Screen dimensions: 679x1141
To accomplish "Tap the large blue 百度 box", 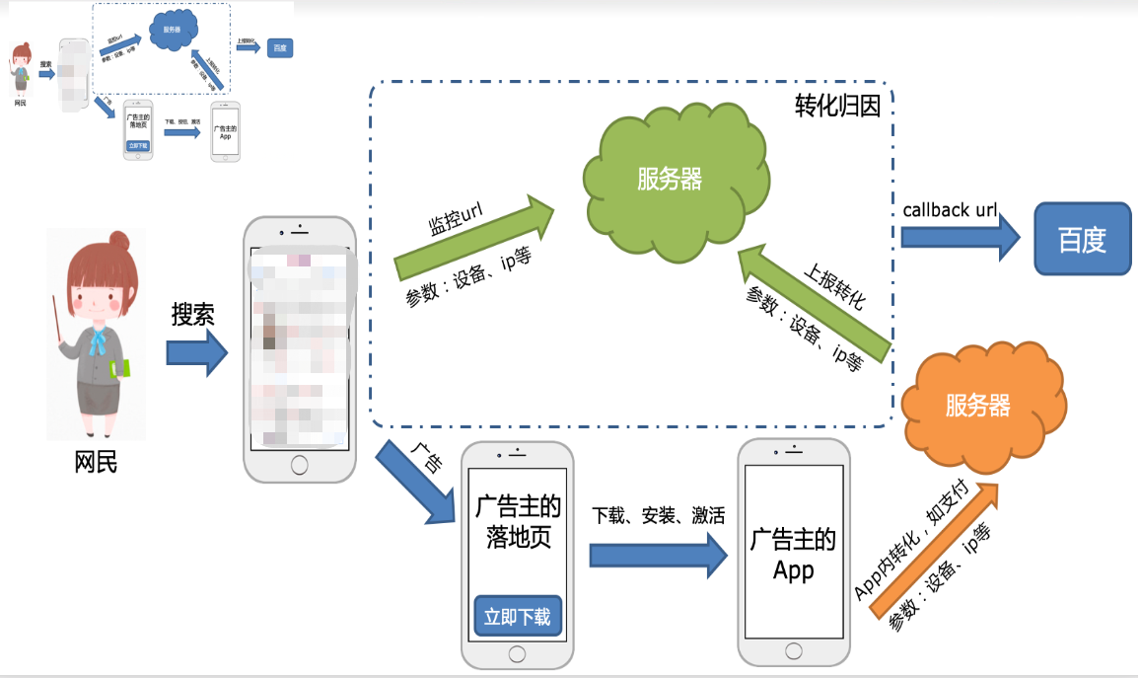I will tap(1082, 239).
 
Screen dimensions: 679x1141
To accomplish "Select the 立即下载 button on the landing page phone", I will tap(517, 617).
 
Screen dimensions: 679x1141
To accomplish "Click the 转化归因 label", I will tap(837, 107).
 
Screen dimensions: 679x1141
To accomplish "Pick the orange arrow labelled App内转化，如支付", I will tap(935, 548).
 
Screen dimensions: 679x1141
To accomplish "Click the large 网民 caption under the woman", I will tap(96, 461).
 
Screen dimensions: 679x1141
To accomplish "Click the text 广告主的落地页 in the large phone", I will tap(517, 522).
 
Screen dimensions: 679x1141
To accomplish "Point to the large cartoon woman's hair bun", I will tap(119, 240).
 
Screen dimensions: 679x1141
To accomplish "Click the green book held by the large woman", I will tap(119, 369).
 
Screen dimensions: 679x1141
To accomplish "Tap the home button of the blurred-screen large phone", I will tap(300, 462).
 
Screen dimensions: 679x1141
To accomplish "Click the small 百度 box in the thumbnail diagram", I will tap(280, 48).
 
